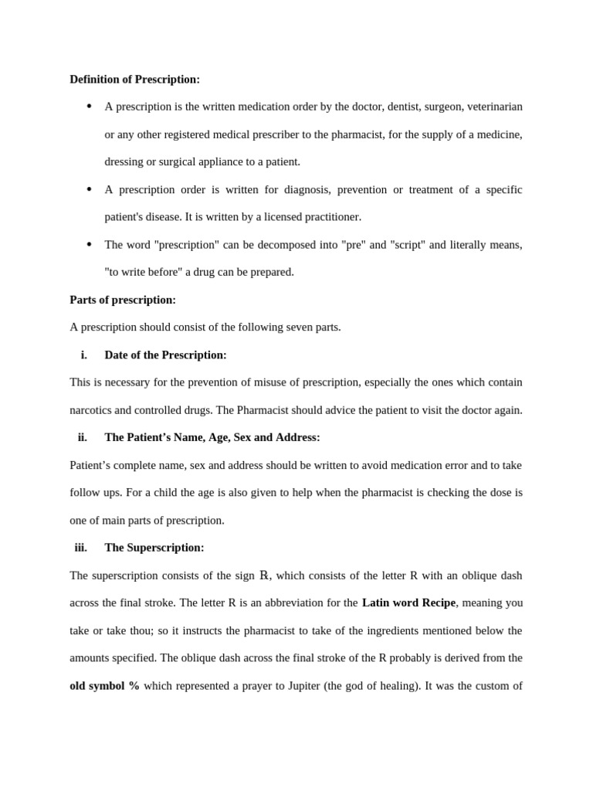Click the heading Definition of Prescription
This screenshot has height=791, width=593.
[134, 80]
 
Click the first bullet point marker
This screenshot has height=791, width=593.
[90, 106]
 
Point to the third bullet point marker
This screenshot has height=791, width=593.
[90, 244]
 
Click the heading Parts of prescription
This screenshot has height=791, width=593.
[123, 300]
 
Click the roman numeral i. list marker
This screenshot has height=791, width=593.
[83, 355]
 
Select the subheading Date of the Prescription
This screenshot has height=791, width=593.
[165, 355]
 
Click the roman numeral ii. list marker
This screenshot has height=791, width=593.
[82, 437]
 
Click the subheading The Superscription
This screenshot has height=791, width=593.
[154, 548]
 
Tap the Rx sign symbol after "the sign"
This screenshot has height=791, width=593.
[264, 575]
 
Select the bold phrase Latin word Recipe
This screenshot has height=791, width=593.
[408, 603]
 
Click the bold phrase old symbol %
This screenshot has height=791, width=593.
[104, 686]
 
